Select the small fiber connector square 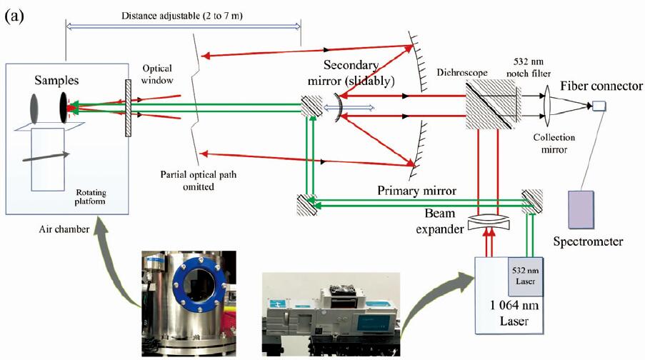[599, 106]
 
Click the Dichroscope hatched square [489, 105]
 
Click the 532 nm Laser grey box [527, 277]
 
